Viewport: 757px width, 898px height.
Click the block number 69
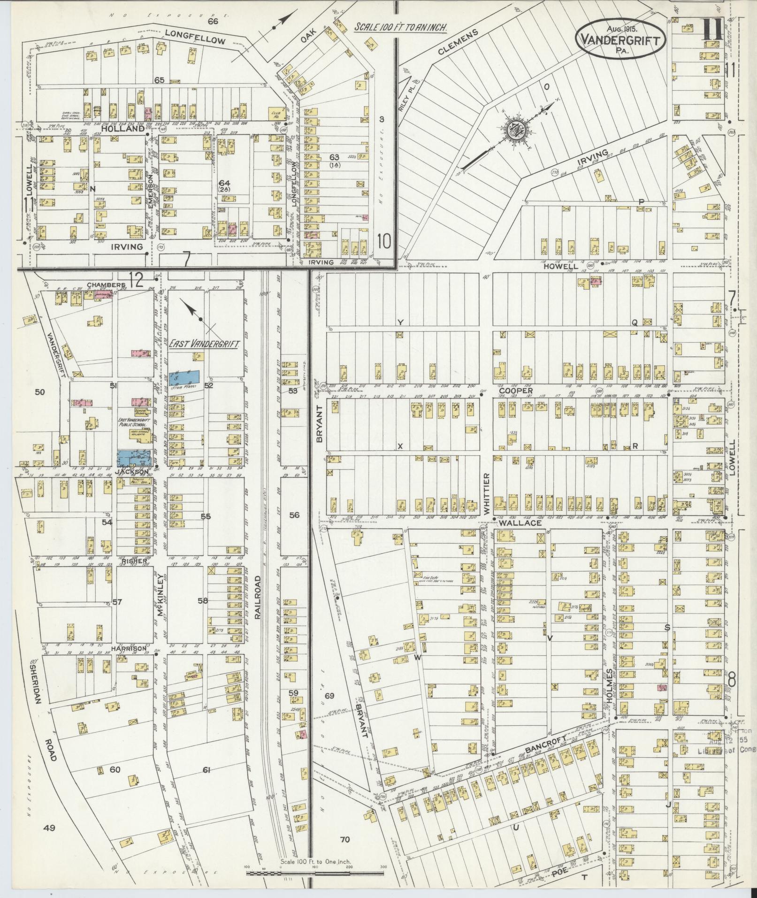pyautogui.click(x=329, y=695)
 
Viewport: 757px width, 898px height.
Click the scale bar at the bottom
pyautogui.click(x=315, y=874)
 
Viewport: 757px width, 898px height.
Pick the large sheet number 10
pyautogui.click(x=384, y=242)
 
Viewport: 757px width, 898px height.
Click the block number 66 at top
pyautogui.click(x=213, y=21)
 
